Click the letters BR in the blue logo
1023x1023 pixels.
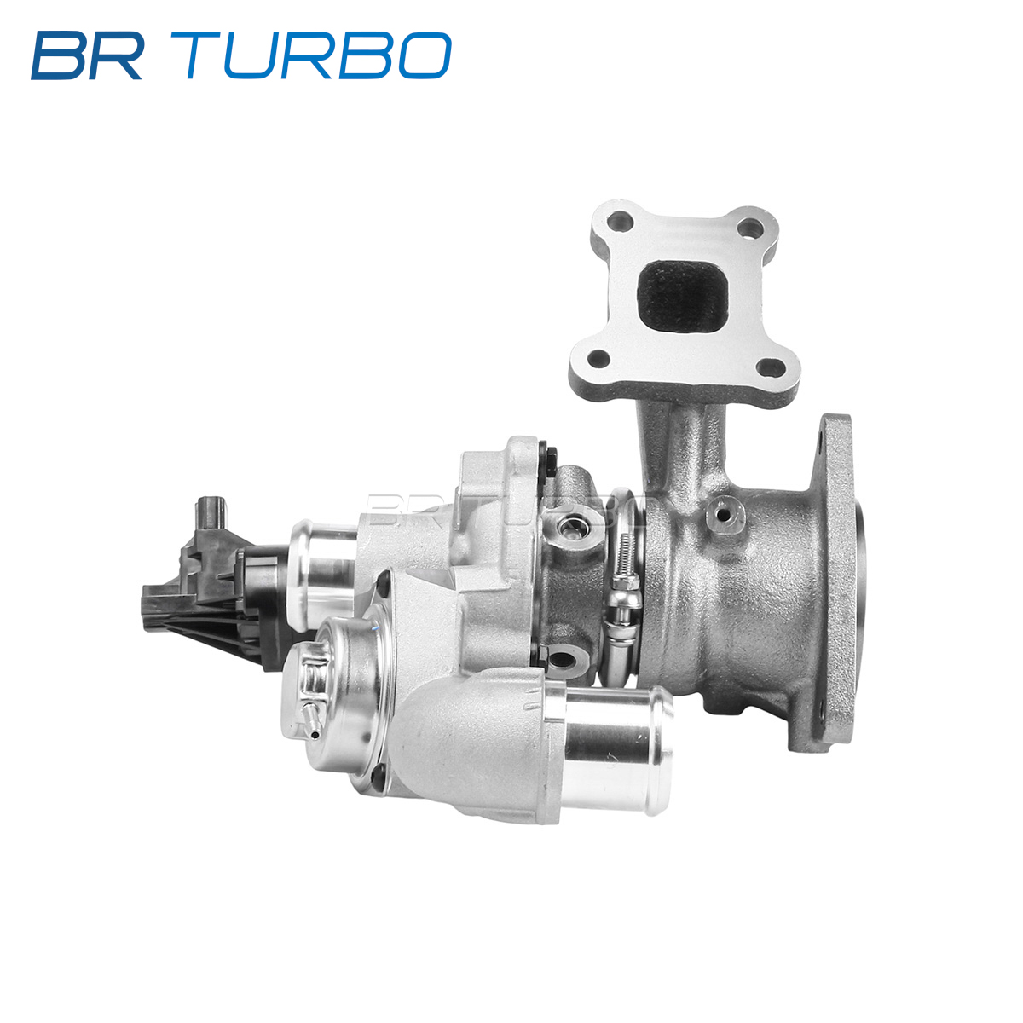click(87, 55)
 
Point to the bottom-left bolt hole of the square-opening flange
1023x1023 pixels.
click(598, 360)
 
